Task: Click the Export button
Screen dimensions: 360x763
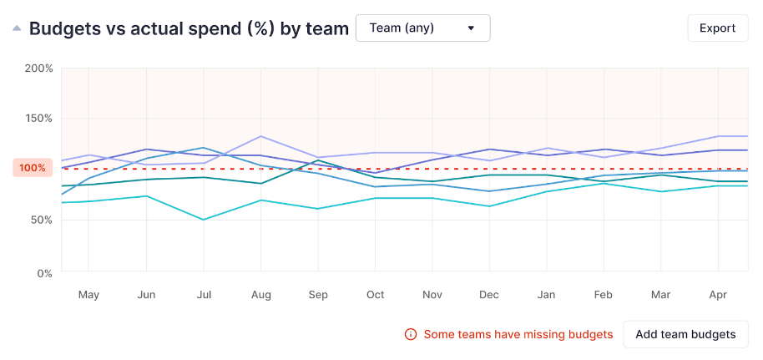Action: point(717,28)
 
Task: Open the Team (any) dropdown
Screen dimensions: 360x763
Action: point(422,28)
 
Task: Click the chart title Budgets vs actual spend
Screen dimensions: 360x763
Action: point(189,28)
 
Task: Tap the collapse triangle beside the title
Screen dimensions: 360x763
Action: point(17,28)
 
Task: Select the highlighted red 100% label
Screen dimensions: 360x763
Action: point(33,168)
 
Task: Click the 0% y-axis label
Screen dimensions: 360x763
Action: point(45,272)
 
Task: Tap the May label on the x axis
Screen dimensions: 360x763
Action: point(88,295)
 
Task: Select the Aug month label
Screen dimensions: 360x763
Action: point(261,295)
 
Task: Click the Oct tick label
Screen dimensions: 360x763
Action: point(376,295)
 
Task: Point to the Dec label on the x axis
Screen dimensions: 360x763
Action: point(489,295)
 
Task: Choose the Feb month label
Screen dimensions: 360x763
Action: point(604,295)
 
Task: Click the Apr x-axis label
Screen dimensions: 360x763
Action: point(718,295)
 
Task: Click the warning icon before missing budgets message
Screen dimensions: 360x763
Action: point(411,334)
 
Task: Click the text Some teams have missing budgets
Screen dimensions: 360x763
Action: point(518,334)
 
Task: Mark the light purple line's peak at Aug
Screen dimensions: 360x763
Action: point(261,136)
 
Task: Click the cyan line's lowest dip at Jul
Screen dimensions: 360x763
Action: point(204,220)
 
